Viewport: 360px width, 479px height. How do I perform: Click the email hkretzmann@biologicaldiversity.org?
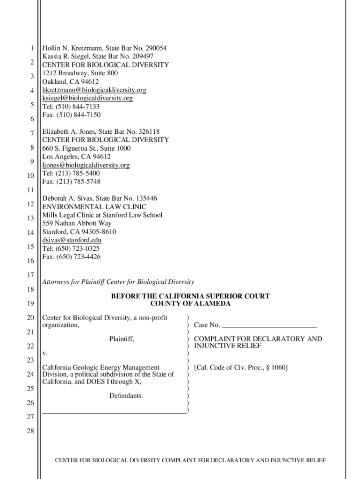[x=94, y=90]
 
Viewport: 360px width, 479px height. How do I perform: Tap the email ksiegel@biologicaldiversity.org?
[x=87, y=98]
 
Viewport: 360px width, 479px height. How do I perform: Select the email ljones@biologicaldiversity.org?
[x=86, y=165]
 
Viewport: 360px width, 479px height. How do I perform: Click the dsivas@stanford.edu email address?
[x=72, y=240]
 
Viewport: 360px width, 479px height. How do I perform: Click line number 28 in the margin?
[x=30, y=431]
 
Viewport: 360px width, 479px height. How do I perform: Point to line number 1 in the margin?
[x=31, y=48]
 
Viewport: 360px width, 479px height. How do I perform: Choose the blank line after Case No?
[x=269, y=325]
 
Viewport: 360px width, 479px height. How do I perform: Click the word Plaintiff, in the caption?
[x=122, y=338]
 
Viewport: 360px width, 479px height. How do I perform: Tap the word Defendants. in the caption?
[x=126, y=396]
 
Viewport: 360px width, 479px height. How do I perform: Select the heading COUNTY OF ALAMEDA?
[x=190, y=304]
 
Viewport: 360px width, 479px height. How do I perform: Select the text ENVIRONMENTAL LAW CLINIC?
[x=94, y=207]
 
